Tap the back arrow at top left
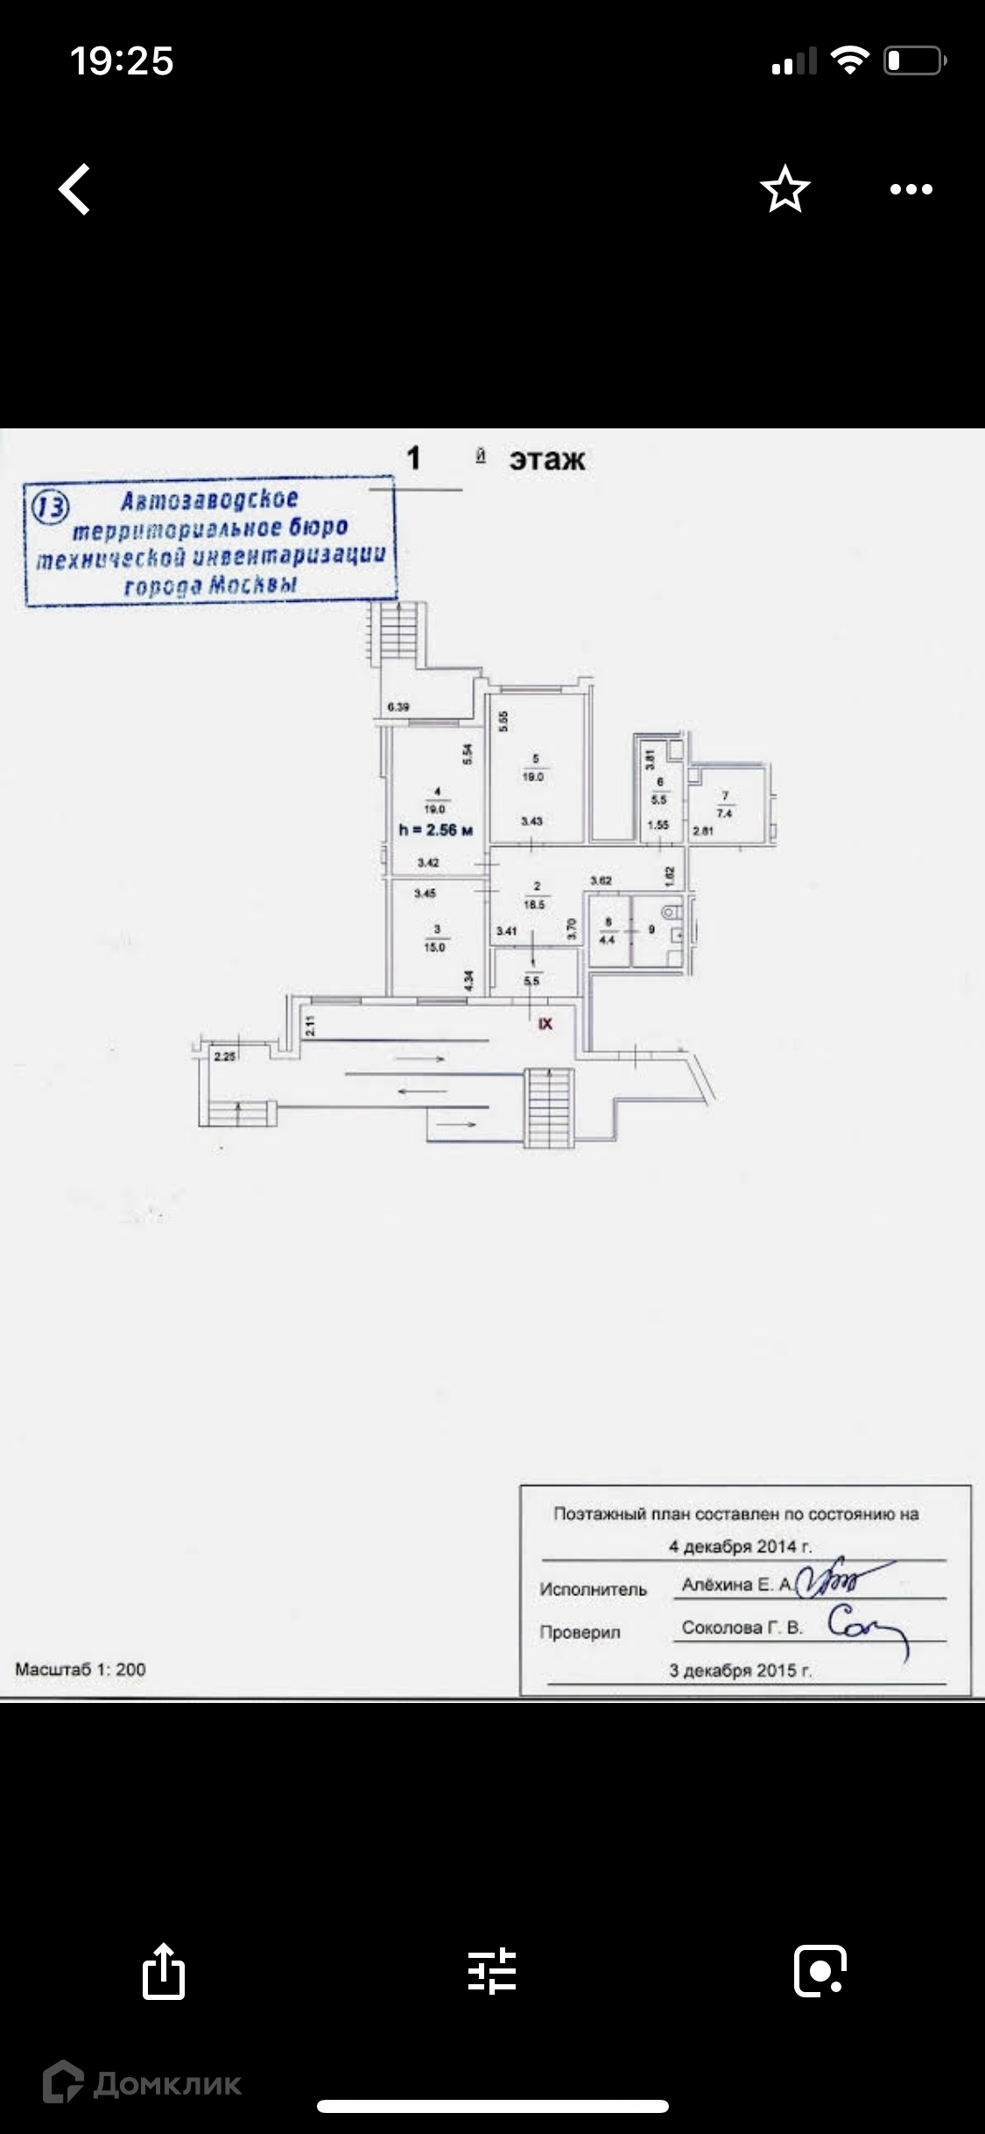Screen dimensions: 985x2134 (75, 189)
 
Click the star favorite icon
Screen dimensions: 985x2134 (784, 189)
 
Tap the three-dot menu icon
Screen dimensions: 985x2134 (911, 189)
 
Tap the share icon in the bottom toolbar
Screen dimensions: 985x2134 (164, 1972)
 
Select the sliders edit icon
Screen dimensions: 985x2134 (492, 1971)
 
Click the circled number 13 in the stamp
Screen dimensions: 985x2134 (50, 507)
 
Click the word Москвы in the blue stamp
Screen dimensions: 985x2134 (254, 585)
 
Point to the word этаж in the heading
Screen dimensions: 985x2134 (547, 459)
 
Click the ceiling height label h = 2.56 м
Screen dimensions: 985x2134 (436, 830)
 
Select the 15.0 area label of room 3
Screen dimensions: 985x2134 (434, 948)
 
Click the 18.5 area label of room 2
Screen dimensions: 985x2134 (534, 904)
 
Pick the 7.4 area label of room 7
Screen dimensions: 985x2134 (724, 813)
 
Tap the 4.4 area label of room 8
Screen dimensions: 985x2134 (607, 940)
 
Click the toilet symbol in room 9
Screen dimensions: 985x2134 (671, 913)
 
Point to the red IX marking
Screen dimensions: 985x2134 (545, 1023)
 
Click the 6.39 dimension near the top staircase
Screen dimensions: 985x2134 (398, 707)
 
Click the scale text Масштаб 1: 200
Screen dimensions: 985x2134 (81, 1669)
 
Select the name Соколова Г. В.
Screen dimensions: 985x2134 (742, 1627)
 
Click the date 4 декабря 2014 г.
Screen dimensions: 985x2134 (740, 1546)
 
